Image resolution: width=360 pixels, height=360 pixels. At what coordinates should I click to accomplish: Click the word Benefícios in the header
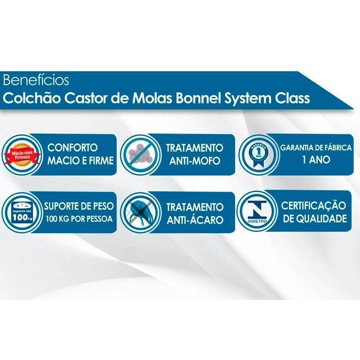pyautogui.click(x=36, y=80)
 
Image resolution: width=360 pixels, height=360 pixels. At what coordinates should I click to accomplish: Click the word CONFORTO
pyautogui.click(x=73, y=148)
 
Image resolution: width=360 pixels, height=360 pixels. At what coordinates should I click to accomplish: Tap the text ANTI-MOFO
pyautogui.click(x=194, y=161)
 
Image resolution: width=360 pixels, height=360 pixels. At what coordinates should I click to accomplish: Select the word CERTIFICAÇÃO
pyautogui.click(x=314, y=206)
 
